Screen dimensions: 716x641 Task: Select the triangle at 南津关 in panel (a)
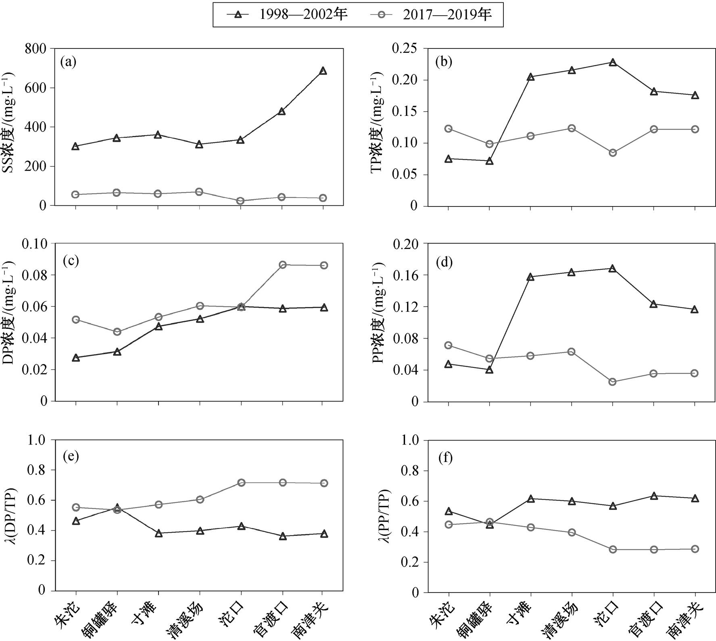click(x=323, y=71)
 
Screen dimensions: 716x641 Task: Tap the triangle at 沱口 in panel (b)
click(x=613, y=62)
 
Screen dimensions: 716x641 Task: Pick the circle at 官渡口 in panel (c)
click(x=282, y=265)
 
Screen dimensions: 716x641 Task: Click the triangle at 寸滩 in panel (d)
click(x=530, y=277)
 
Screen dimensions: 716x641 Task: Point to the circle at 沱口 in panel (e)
click(x=241, y=482)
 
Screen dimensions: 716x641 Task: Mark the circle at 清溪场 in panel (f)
click(x=572, y=532)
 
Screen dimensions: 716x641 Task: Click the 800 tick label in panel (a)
click(x=35, y=48)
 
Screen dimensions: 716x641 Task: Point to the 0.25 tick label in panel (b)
click(x=405, y=48)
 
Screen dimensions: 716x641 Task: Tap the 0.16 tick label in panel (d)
click(x=405, y=275)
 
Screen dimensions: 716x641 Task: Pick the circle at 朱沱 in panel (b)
click(x=448, y=129)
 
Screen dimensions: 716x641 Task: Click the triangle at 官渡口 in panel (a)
click(x=282, y=111)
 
